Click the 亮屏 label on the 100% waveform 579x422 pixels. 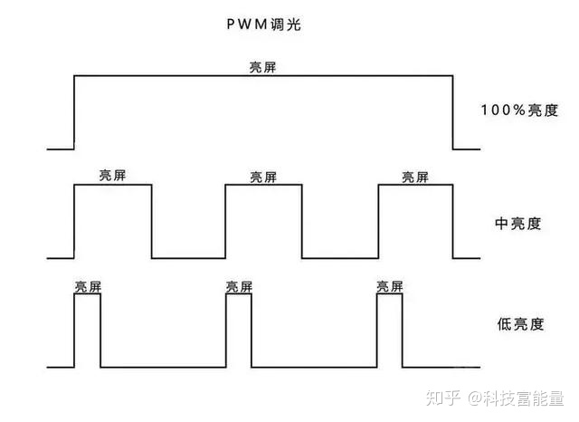click(x=263, y=67)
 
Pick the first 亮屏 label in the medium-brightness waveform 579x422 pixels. click(x=112, y=176)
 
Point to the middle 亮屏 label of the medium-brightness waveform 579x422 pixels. click(x=263, y=176)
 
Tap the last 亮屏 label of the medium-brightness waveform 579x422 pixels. click(x=415, y=176)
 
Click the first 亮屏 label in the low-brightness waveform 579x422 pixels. click(x=88, y=285)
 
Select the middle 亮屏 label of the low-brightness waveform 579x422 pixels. click(x=239, y=285)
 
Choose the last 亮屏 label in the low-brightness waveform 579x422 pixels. click(x=390, y=285)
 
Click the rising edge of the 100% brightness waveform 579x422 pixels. click(x=73, y=112)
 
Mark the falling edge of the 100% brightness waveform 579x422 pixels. click(x=452, y=112)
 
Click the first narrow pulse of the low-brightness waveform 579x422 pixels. click(x=87, y=330)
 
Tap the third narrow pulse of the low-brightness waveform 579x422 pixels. click(x=390, y=330)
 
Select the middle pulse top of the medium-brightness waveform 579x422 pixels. click(x=263, y=185)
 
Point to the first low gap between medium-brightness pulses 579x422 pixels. click(x=188, y=258)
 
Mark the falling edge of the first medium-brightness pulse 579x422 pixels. click(x=151, y=222)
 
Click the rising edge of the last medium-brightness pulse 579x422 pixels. click(x=377, y=222)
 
